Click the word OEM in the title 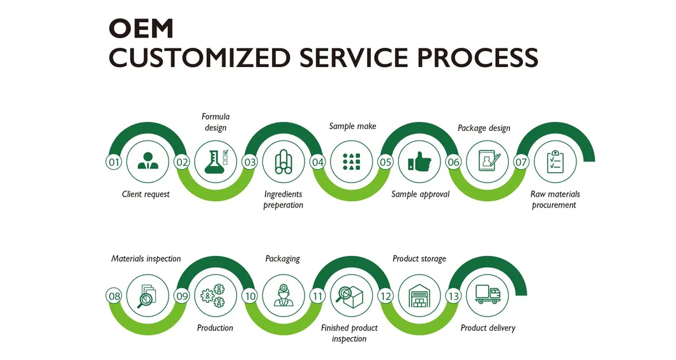pos(141,28)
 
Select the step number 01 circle pos(114,162)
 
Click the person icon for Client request pos(148,162)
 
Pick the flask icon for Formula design pos(216,162)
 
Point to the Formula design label pos(216,122)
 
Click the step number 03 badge pos(250,162)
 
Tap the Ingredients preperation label pos(283,199)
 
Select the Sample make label pos(352,126)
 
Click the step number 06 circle pos(453,162)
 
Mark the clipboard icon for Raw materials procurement pos(555,162)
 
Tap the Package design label pos(484,128)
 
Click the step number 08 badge pos(114,296)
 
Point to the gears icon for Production pos(215,296)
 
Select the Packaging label pos(283,259)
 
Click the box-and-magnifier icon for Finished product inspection pos(352,296)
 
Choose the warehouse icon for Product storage pos(419,296)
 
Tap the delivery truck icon pos(488,296)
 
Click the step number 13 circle pos(453,296)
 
